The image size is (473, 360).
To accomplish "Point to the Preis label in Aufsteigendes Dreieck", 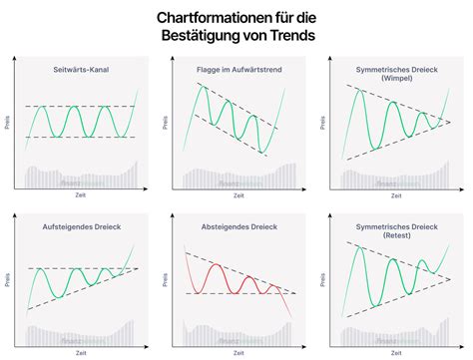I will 9,281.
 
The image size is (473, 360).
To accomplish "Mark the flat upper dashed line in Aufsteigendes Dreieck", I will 60,268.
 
